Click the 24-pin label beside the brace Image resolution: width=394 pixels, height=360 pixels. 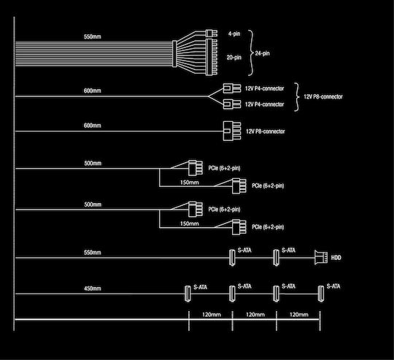point(262,53)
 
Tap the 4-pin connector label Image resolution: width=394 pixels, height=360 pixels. point(234,34)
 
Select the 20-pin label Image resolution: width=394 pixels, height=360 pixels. point(234,58)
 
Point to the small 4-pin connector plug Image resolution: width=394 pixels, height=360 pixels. point(212,33)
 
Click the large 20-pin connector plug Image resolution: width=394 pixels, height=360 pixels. point(212,57)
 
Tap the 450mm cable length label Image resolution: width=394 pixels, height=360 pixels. point(93,288)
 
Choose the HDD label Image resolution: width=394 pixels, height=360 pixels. point(336,258)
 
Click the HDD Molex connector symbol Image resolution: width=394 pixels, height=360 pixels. point(321,258)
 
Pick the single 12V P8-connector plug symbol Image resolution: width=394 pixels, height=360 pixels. point(232,131)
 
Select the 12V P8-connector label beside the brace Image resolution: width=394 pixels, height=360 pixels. point(323,97)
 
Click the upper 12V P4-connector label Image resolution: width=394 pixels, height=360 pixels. point(264,88)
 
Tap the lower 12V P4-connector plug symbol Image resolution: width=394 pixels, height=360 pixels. point(232,104)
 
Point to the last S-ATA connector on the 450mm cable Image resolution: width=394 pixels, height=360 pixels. point(321,294)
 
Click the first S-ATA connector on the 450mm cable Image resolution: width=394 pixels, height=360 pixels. point(188,294)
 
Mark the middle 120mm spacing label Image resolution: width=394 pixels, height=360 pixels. point(255,315)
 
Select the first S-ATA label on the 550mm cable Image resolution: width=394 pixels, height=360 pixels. point(244,250)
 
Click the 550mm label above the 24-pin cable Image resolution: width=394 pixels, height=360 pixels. point(93,37)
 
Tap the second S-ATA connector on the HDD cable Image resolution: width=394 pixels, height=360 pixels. point(276,258)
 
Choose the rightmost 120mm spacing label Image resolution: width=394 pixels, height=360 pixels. point(298,315)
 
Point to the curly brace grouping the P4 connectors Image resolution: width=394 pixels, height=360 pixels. point(297,97)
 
